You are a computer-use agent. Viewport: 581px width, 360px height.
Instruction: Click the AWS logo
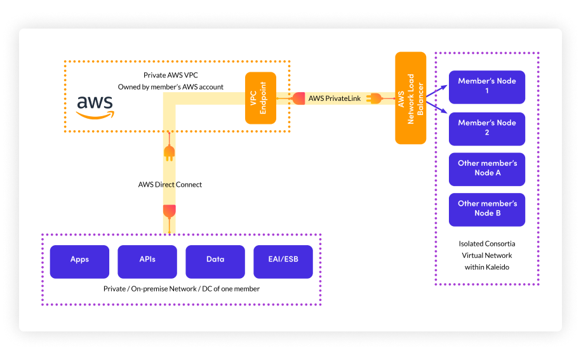[95, 107]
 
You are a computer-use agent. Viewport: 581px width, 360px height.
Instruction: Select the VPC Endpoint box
[264, 98]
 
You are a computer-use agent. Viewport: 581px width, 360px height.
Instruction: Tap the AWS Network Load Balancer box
[410, 98]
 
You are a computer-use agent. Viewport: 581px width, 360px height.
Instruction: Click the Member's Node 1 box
[487, 86]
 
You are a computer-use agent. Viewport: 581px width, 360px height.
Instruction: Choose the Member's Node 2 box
[487, 128]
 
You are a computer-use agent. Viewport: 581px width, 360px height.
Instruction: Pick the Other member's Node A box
[487, 168]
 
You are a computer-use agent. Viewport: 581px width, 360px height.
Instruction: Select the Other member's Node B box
[487, 209]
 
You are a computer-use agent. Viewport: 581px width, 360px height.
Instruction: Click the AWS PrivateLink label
[334, 98]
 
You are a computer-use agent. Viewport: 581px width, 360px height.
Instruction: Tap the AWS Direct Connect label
[170, 185]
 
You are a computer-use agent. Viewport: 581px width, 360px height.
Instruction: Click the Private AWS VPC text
[171, 75]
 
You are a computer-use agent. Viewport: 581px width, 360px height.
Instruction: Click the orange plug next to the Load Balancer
[373, 98]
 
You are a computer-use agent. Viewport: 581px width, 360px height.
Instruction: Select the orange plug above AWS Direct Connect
[169, 152]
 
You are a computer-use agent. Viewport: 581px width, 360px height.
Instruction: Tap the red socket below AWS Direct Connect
[169, 210]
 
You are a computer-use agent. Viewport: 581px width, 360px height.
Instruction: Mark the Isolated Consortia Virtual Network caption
[486, 255]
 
